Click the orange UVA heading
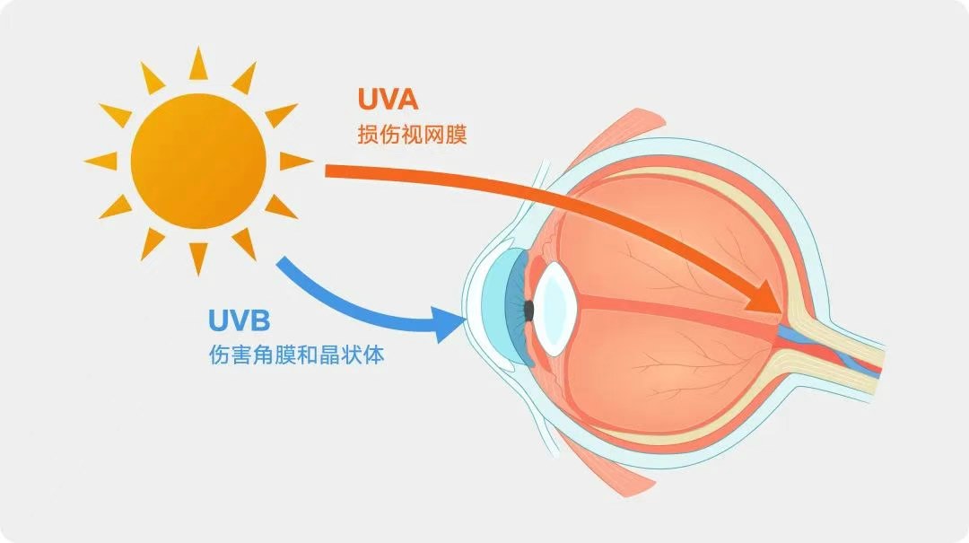(x=388, y=100)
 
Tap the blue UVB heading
(x=240, y=321)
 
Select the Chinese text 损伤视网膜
(x=412, y=135)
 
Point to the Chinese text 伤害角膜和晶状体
(x=297, y=355)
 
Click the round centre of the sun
(x=198, y=162)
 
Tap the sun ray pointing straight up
(x=197, y=63)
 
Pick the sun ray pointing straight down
(x=198, y=258)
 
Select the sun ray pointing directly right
(x=296, y=161)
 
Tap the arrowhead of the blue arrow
(x=451, y=323)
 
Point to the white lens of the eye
(x=555, y=309)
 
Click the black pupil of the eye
(x=528, y=310)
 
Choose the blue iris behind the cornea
(x=518, y=310)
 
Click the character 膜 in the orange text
(x=456, y=135)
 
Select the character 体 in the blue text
(x=374, y=355)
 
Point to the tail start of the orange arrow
(x=327, y=171)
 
